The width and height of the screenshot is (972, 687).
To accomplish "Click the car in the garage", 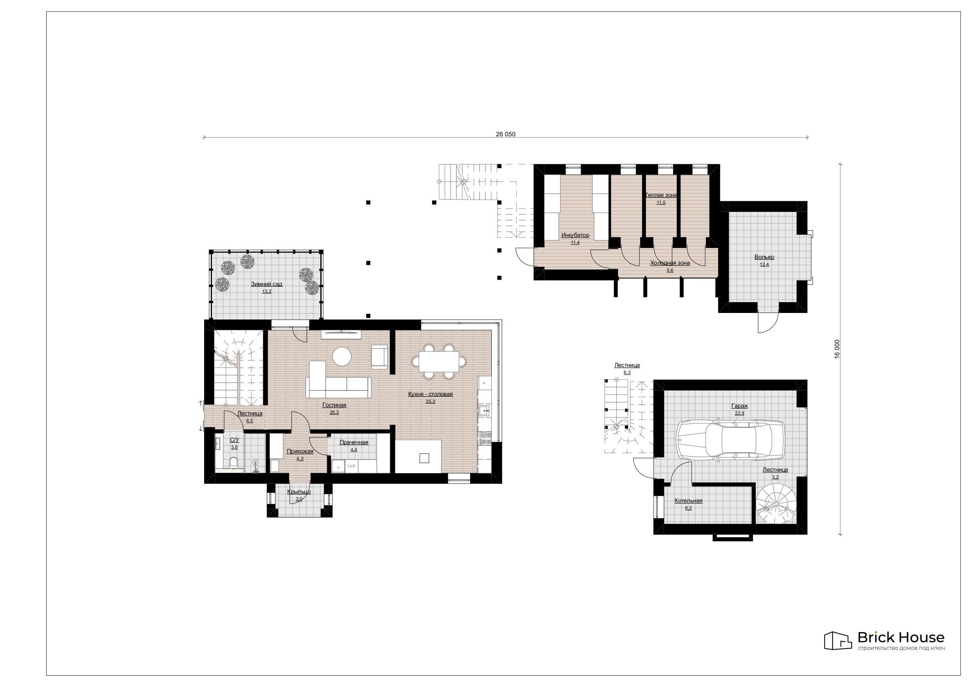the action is pyautogui.click(x=730, y=439).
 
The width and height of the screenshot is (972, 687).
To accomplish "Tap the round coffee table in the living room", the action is pyautogui.click(x=342, y=356).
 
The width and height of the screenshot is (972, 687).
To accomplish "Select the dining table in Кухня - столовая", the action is pyautogui.click(x=439, y=362).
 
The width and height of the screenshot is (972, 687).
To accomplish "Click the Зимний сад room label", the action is pyautogui.click(x=266, y=284).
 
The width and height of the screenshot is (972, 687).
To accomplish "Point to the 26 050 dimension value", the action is pyautogui.click(x=505, y=134).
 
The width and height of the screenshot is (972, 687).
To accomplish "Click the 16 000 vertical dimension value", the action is pyautogui.click(x=837, y=349).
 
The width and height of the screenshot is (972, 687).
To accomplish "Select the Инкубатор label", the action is pyautogui.click(x=575, y=235).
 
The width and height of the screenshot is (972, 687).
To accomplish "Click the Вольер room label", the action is pyautogui.click(x=764, y=257).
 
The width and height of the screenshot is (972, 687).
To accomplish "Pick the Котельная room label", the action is pyautogui.click(x=688, y=501).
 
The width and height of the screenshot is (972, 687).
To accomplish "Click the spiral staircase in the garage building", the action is pyautogui.click(x=776, y=504).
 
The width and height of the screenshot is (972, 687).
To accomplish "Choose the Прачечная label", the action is pyautogui.click(x=353, y=442).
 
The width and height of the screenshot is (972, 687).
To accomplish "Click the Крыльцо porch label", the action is pyautogui.click(x=299, y=492).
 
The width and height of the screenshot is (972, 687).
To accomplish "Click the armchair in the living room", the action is pyautogui.click(x=379, y=356).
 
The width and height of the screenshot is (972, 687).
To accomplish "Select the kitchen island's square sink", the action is pyautogui.click(x=424, y=458).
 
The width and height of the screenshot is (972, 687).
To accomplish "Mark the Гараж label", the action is pyautogui.click(x=739, y=406).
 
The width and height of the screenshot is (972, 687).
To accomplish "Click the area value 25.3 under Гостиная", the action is pyautogui.click(x=334, y=412).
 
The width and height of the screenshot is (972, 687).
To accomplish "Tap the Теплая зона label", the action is pyautogui.click(x=661, y=195).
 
